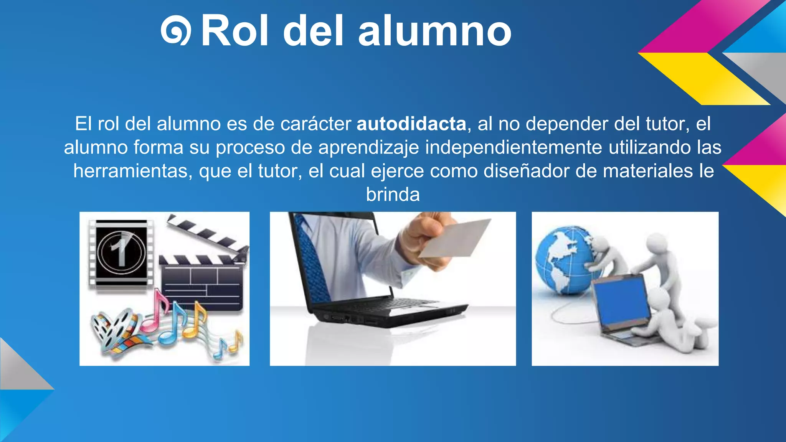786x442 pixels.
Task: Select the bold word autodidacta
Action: coord(411,124)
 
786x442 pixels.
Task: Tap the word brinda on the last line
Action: coord(393,195)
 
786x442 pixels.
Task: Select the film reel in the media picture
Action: coord(111,330)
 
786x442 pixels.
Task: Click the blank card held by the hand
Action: coord(455,238)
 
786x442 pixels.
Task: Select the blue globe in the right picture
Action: coord(562,259)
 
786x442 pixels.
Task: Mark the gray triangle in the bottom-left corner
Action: coord(19,368)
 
